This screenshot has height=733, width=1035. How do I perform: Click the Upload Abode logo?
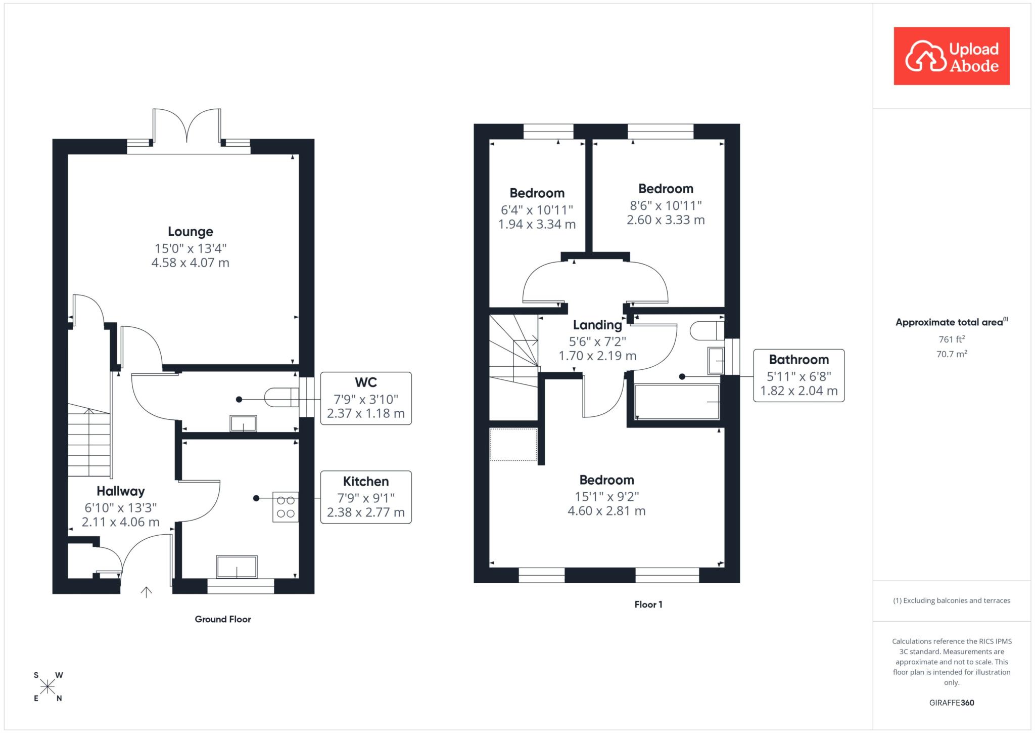(952, 56)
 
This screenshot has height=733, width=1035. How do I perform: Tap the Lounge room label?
(191, 232)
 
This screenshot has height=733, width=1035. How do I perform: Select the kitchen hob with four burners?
(286, 507)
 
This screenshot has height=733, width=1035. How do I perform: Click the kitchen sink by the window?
(237, 567)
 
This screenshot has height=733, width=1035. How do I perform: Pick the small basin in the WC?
(243, 423)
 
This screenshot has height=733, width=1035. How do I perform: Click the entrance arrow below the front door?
(146, 592)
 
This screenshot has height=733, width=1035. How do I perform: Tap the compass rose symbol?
(48, 686)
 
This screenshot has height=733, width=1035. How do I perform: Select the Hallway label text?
(121, 491)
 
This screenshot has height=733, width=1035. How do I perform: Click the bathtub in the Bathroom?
(677, 402)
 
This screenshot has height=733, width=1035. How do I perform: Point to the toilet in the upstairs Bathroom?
(707, 331)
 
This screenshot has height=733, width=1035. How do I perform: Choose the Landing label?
(597, 325)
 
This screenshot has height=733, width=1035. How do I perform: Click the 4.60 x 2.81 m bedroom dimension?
(606, 511)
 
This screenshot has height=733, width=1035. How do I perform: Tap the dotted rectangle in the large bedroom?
(513, 445)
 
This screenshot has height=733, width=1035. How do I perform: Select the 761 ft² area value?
(952, 339)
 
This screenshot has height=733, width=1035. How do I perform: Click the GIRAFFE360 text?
(952, 703)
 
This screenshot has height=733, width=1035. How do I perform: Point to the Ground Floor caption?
(223, 619)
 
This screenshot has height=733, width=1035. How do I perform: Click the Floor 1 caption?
(648, 605)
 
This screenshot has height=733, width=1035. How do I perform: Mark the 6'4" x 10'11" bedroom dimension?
(537, 209)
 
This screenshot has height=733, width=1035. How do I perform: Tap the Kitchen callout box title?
(366, 482)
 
